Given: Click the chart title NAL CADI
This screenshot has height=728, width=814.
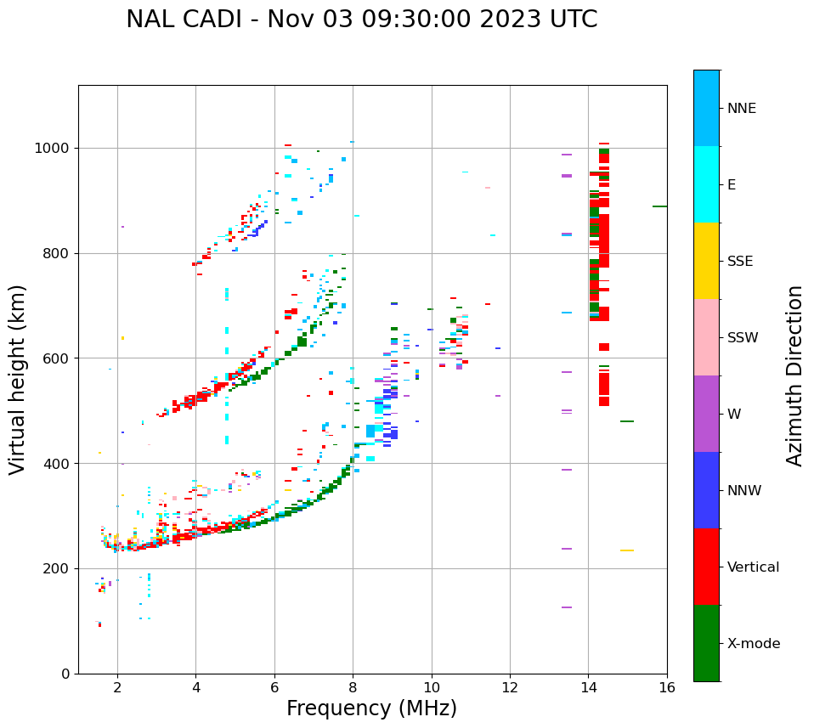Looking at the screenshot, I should pos(361,20).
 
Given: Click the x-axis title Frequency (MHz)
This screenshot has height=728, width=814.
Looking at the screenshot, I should pos(371,708).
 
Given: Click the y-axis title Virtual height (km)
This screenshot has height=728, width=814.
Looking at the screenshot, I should pos(18,379).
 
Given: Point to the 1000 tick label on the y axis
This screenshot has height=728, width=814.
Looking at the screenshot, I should pos(52,149).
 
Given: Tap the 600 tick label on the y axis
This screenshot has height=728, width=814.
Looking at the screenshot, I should pos(56,358).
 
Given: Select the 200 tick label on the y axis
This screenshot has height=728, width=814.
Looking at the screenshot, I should pos(56,568).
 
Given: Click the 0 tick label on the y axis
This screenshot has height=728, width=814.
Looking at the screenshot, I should pos(66,674).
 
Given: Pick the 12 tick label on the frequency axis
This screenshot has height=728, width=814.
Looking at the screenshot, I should pos(510,688).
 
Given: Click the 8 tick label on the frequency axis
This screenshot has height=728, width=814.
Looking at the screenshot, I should pos(353,688).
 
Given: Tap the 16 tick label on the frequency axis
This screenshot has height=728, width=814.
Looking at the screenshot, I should pos(667,688).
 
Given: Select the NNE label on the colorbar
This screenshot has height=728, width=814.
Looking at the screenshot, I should pos(741,109).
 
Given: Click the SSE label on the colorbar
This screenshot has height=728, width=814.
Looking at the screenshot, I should pos(739,262).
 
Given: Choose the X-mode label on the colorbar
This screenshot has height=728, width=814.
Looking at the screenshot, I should pos(753,644).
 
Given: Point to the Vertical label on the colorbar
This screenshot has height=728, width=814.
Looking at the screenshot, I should pos(753,567).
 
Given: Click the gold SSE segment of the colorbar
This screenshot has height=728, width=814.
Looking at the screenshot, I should pos(706,261).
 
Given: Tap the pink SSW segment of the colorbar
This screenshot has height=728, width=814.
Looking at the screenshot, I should pos(706,337).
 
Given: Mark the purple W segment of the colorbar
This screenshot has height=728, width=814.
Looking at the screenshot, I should pos(706,414).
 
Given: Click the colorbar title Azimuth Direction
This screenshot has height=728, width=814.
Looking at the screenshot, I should pos(794,375).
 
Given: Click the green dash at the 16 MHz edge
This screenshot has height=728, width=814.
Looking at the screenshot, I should pos(659,206).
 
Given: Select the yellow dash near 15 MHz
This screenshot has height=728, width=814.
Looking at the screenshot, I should pos(626,550).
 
